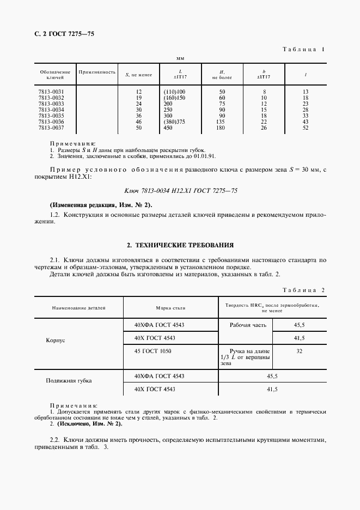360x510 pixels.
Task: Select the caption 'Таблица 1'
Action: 303,50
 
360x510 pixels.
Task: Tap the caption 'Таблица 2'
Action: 303,289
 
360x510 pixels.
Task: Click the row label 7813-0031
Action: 51,92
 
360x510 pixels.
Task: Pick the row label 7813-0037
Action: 51,127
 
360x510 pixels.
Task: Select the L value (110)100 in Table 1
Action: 174,92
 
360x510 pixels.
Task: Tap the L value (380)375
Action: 174,122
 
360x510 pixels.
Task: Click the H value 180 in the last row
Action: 222,127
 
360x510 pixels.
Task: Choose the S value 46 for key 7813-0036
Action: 138,122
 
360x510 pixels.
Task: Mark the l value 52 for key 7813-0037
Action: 305,127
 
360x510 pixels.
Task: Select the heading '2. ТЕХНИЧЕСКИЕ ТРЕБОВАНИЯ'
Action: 180,245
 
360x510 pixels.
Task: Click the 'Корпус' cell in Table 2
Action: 56,339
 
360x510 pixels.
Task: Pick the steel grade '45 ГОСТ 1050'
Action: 154,351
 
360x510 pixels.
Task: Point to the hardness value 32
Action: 299,352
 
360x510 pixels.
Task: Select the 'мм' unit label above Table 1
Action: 180,58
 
